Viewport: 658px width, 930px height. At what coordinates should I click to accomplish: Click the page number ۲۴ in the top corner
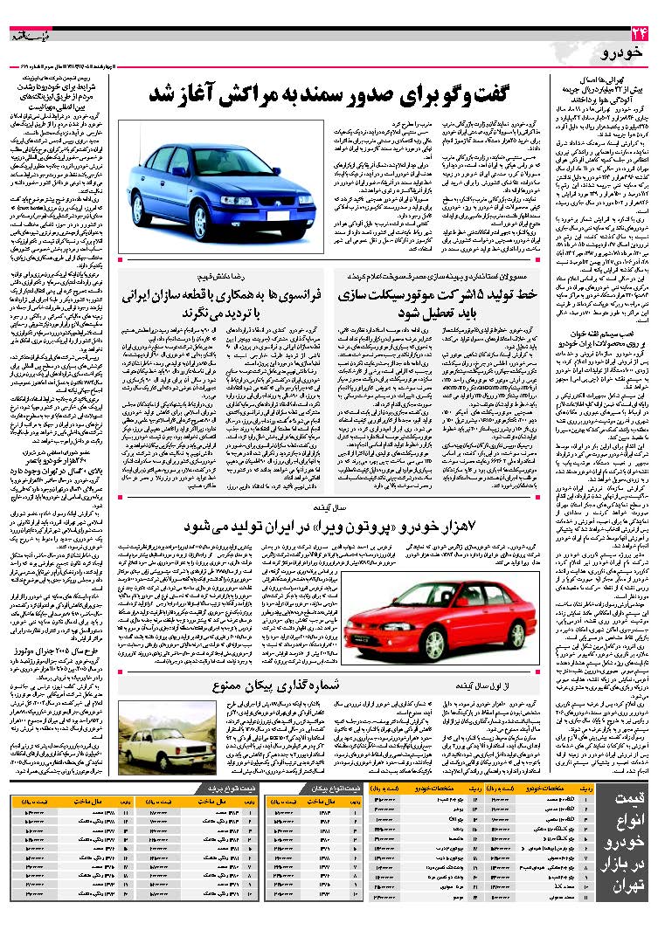pyautogui.click(x=638, y=35)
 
